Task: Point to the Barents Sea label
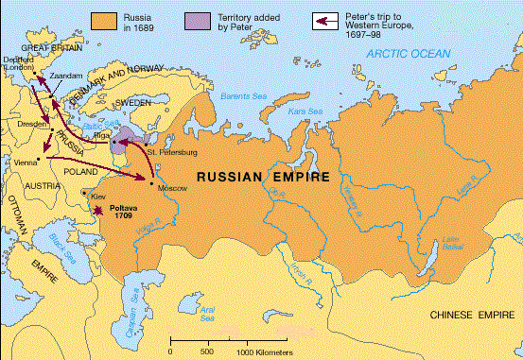pos(241,94)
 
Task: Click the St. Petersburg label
pos(152,151)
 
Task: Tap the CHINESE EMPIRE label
pos(471,313)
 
